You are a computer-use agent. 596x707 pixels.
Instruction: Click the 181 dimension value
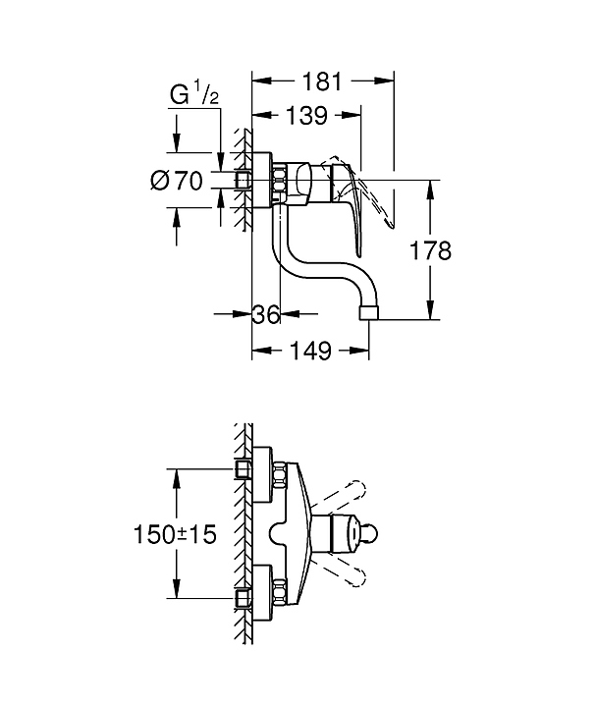(x=323, y=82)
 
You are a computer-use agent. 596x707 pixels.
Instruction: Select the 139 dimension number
(x=305, y=116)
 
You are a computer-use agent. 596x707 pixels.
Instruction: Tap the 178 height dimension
(x=430, y=250)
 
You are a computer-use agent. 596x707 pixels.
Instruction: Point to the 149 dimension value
(x=310, y=350)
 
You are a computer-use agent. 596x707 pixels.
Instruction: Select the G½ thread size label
(x=191, y=95)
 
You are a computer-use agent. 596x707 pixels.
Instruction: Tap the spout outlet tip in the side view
(x=370, y=311)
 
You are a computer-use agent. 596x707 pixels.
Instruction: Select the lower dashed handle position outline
(x=345, y=573)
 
